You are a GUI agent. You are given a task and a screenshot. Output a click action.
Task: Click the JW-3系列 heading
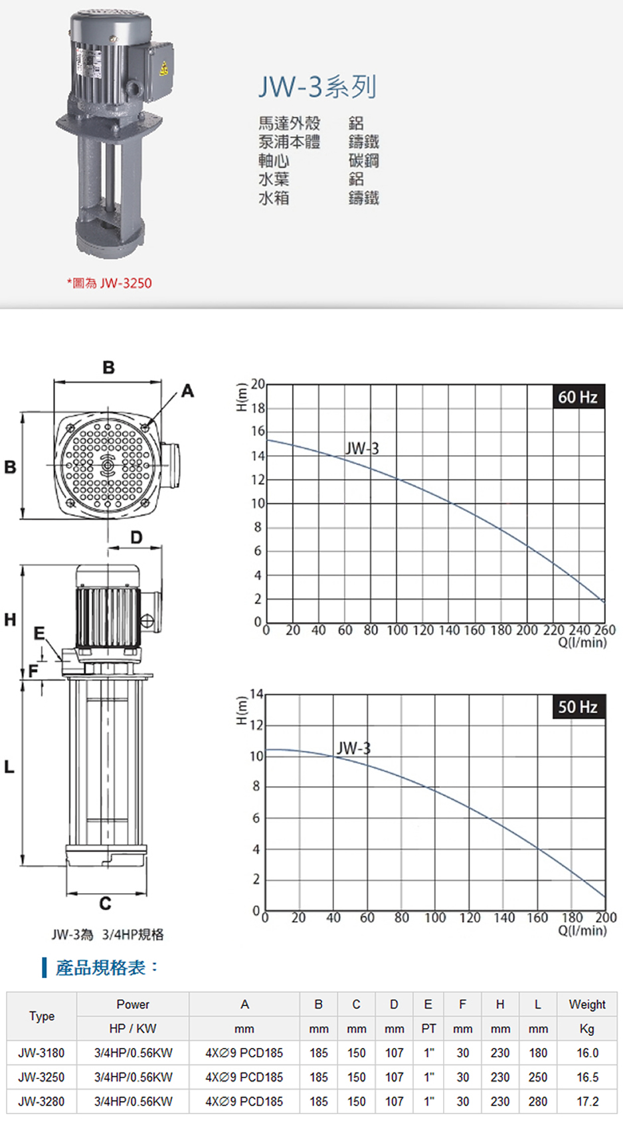[x=317, y=87]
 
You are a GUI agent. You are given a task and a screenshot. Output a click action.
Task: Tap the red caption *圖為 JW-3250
[x=110, y=283]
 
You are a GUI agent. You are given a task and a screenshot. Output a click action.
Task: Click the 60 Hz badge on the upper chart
[x=578, y=397]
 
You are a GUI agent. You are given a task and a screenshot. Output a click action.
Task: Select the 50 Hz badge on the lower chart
[x=578, y=706]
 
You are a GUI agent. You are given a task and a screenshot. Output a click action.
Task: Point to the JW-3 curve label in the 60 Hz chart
[x=362, y=449]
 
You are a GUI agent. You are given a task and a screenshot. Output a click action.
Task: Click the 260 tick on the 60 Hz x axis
[x=605, y=630]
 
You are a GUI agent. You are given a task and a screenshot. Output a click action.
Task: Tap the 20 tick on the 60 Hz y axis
[x=258, y=384]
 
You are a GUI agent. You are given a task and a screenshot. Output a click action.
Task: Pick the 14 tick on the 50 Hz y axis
[x=256, y=694]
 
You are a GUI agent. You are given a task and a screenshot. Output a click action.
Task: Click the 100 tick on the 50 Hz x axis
[x=435, y=918]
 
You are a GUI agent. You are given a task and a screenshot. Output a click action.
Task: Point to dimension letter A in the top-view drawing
[x=188, y=391]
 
